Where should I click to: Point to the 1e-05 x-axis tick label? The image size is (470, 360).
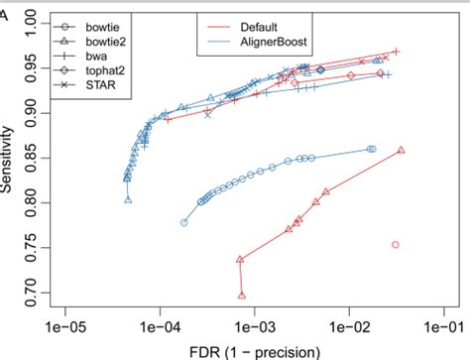click(x=63, y=324)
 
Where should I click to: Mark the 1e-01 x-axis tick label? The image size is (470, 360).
click(x=441, y=324)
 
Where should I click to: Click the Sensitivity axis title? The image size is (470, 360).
click(x=11, y=157)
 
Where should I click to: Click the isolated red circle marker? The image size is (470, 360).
click(x=395, y=244)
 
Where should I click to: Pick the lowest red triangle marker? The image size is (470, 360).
click(x=242, y=295)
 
